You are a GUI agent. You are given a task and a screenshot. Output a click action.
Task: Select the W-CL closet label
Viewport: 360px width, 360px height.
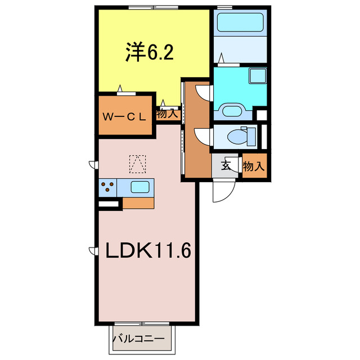(x=125, y=116)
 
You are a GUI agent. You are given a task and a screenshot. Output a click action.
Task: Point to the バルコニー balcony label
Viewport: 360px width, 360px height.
(x=138, y=339)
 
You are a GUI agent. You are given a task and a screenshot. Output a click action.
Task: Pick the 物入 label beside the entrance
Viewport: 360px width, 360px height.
(x=254, y=166)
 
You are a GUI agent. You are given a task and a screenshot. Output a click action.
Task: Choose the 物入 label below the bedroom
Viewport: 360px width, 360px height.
(x=167, y=114)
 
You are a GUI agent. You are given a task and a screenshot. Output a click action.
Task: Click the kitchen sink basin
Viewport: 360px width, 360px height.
(x=140, y=187)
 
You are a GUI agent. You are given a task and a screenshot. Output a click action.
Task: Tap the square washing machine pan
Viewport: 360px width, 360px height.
(x=258, y=77)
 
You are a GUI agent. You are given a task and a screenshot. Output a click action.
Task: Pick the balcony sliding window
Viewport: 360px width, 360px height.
(x=142, y=323)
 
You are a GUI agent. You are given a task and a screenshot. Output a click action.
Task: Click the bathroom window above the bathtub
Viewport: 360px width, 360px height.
(x=225, y=7)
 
